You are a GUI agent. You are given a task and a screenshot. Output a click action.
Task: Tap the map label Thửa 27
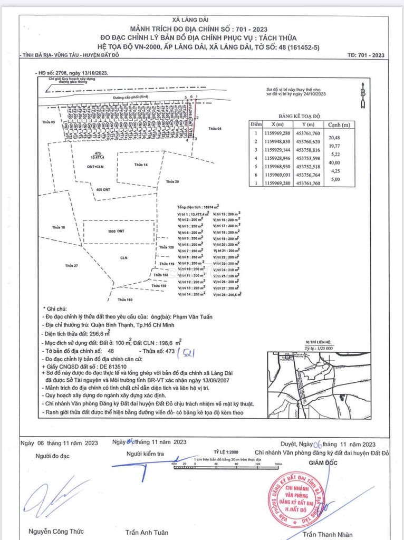[71, 265]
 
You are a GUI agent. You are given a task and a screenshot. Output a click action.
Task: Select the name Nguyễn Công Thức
[56, 532]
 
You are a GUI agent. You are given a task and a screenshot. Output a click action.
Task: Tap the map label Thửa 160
[125, 300]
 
